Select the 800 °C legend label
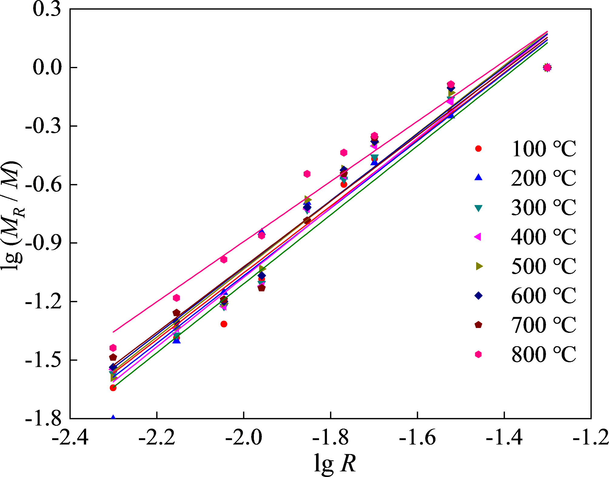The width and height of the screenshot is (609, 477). coord(543,354)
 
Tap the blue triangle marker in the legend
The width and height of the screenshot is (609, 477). coord(478,177)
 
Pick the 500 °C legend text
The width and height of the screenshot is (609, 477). coord(543,266)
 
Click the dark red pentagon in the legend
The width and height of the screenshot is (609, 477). coord(478,325)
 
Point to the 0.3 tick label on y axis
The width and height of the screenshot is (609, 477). coord(42,9)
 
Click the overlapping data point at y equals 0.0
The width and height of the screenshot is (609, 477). coord(547,68)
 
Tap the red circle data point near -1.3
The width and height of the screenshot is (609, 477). coord(224,324)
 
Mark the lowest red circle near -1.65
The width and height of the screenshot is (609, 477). coord(113,388)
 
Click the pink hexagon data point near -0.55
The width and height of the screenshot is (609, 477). coord(307,174)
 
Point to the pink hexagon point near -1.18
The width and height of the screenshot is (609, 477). coord(177,298)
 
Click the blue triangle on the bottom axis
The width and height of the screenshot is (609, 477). coord(113,418)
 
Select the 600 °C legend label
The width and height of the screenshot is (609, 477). coord(543,296)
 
